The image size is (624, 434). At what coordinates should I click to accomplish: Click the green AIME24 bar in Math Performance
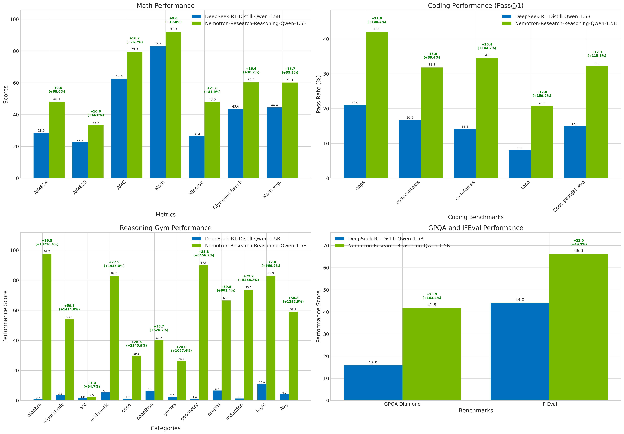pyautogui.click(x=57, y=140)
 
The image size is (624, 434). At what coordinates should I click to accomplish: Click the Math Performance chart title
pyautogui.click(x=166, y=6)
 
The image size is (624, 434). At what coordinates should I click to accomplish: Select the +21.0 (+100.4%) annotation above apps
pyautogui.click(x=377, y=20)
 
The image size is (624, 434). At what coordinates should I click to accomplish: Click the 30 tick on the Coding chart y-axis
pyautogui.click(x=326, y=74)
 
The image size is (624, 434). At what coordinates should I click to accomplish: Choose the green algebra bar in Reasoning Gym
pyautogui.click(x=47, y=327)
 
